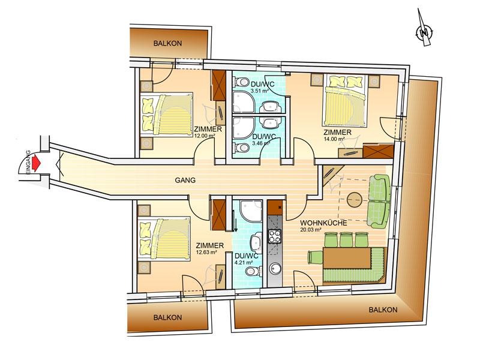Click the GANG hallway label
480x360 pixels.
(x=185, y=180)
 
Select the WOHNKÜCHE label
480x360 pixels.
(x=323, y=223)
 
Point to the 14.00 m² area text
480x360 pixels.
(x=334, y=139)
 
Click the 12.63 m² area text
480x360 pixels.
(x=206, y=252)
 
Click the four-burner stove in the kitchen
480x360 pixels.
(x=275, y=236)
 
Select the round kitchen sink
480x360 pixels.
(x=275, y=269)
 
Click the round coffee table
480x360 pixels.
(x=355, y=200)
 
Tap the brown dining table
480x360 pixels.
(x=347, y=258)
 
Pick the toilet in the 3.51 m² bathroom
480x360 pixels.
(x=241, y=82)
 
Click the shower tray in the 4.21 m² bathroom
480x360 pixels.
(x=251, y=211)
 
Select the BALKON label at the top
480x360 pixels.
(x=167, y=43)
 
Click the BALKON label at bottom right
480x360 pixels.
(x=383, y=310)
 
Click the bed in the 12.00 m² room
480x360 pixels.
(x=167, y=114)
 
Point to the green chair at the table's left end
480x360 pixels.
(x=315, y=257)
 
